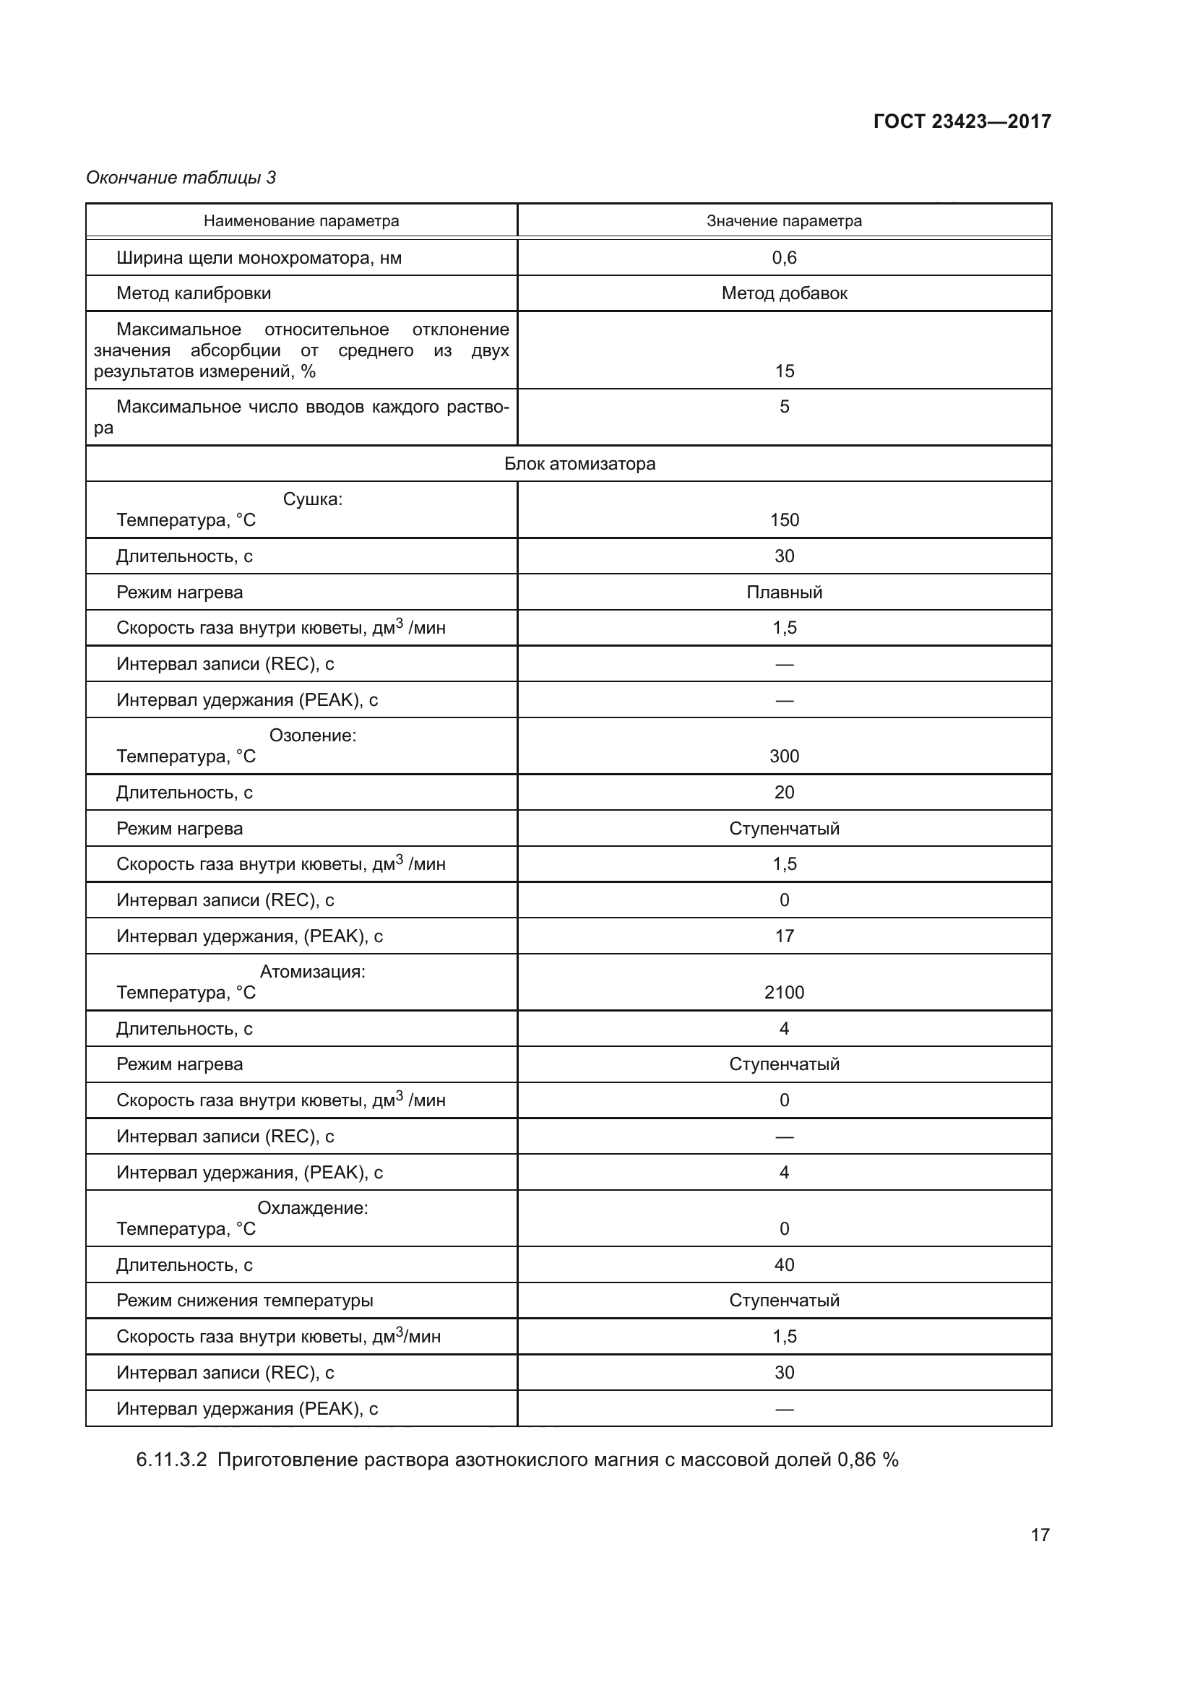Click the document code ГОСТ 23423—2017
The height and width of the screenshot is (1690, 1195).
pos(962,121)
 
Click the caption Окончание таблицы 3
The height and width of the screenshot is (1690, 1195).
pos(181,178)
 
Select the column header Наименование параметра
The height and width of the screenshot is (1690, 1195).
pos(301,221)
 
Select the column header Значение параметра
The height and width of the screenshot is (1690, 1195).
pos(784,221)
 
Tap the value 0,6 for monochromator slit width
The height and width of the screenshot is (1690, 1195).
pos(784,258)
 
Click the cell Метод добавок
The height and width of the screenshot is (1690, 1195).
pos(784,293)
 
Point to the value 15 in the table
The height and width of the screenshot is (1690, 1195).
pos(784,371)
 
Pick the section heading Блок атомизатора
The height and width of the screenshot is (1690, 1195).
pos(580,464)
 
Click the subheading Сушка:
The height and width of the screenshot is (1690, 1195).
pos(313,499)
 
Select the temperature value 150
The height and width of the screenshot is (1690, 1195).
pos(784,520)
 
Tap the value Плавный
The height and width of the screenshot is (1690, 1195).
pos(784,592)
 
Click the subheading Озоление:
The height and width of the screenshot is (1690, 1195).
pos(313,736)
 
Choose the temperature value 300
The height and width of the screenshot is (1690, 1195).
pos(784,756)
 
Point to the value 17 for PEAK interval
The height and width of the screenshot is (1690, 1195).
pos(784,936)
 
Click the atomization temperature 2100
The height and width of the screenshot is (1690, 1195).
pos(784,993)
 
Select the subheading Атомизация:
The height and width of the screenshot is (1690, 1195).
pos(313,972)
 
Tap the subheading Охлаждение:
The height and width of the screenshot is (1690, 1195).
pos(313,1208)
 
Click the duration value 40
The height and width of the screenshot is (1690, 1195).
pos(784,1265)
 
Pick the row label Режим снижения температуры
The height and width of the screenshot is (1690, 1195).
pos(244,1301)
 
